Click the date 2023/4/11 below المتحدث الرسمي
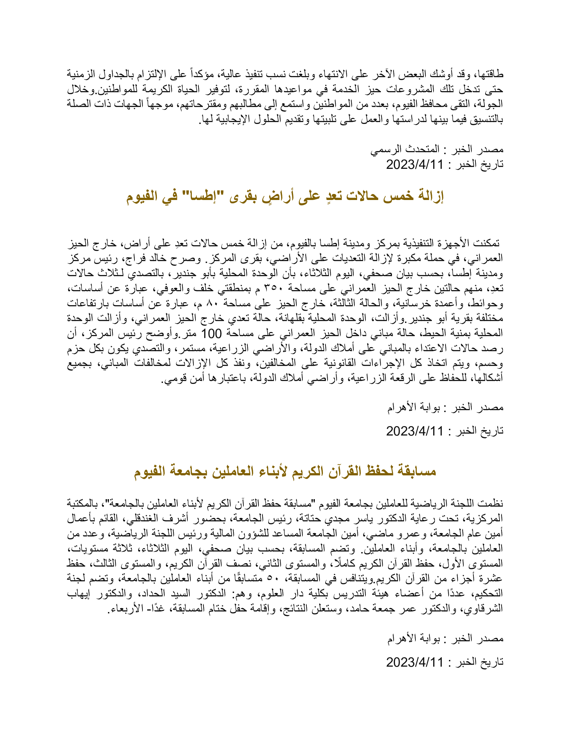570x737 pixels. click(414, 165)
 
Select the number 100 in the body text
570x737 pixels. click(211, 334)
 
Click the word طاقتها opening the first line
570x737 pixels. click(489, 74)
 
